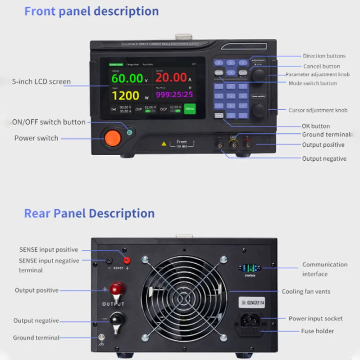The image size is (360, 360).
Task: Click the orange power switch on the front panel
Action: point(112,138)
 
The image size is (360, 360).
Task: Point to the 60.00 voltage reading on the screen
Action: point(128,78)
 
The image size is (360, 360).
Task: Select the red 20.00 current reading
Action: point(171,77)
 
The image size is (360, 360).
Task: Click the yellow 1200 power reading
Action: point(126,95)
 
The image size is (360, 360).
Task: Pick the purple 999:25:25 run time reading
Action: point(174,94)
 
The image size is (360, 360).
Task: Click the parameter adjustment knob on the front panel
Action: point(258,76)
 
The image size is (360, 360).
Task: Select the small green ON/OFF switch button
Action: point(130,132)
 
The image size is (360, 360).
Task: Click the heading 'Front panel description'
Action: point(91,11)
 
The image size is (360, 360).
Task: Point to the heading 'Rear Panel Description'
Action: point(89,213)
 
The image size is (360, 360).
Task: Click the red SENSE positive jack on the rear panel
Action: point(127,260)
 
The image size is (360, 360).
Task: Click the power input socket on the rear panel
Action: point(249,320)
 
